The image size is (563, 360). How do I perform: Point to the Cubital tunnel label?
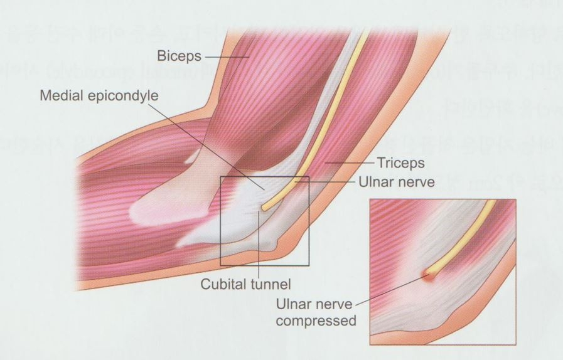tap(242, 283)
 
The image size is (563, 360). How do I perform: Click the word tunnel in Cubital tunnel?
tap(263, 283)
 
